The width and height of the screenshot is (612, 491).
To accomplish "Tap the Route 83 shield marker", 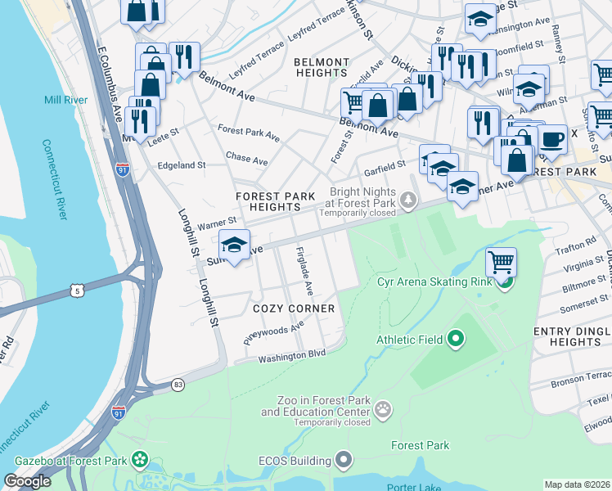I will (178, 384).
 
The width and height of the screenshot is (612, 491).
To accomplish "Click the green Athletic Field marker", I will (456, 339).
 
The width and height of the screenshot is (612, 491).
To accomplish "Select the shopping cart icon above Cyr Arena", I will (501, 263).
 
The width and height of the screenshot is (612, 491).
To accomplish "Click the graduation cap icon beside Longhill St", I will (234, 245).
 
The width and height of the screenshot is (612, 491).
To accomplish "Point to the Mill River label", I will (66, 100).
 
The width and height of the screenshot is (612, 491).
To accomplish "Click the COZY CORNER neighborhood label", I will (294, 309).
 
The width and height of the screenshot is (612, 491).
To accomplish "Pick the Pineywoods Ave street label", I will (273, 331).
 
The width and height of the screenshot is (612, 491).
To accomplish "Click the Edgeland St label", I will (181, 165).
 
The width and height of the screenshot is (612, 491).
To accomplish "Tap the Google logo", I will (28, 481).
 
